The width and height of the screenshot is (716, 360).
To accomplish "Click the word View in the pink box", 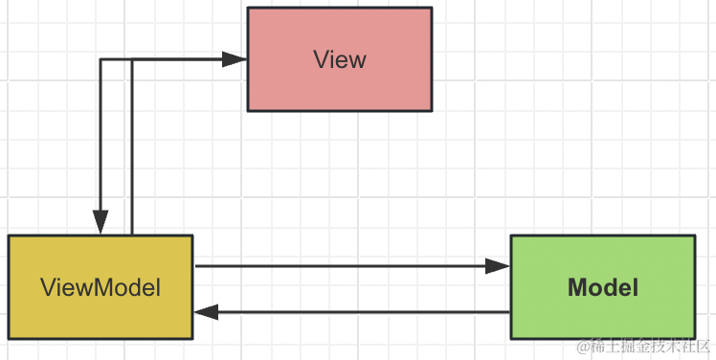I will click(339, 59).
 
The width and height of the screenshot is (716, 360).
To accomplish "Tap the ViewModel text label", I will click(101, 286).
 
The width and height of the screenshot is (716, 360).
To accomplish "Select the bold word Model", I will click(603, 286).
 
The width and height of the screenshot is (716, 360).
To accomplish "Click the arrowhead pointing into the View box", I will click(235, 59).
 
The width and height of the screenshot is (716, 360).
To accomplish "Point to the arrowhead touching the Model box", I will click(499, 266).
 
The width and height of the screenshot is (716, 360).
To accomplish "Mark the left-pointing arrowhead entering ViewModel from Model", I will click(207, 312).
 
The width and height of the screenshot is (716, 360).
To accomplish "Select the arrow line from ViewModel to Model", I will click(345, 266).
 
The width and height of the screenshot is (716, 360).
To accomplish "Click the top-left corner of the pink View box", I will click(248, 9).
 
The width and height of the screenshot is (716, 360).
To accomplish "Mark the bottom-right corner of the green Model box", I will click(695, 337).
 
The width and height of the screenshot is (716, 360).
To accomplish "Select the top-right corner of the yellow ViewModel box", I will click(192, 236).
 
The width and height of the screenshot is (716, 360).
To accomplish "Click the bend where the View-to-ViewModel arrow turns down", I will click(100, 59).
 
